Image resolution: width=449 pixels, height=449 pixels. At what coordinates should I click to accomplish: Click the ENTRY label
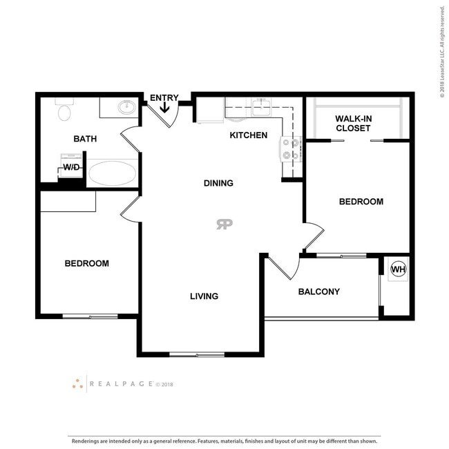click(x=164, y=98)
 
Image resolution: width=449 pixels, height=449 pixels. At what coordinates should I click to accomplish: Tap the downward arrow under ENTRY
click(x=165, y=108)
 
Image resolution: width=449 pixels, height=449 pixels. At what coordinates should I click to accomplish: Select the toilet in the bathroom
click(x=64, y=111)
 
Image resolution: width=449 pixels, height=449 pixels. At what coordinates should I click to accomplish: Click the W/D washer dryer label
click(x=71, y=168)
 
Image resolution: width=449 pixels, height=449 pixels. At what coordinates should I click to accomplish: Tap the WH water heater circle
click(x=399, y=269)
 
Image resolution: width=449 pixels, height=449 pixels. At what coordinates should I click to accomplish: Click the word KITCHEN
click(x=248, y=135)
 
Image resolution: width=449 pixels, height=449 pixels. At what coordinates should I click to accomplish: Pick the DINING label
click(x=218, y=183)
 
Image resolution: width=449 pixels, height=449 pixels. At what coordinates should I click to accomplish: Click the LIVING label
click(x=204, y=296)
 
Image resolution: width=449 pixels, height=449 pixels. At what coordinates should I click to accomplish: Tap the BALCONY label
click(x=318, y=292)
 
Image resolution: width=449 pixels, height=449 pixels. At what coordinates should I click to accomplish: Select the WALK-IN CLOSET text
click(x=353, y=123)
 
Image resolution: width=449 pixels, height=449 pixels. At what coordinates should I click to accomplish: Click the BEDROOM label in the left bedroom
click(x=86, y=263)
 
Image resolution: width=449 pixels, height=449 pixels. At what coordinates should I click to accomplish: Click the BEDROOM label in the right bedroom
click(x=361, y=202)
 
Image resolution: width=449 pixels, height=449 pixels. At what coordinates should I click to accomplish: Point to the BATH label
click(x=85, y=139)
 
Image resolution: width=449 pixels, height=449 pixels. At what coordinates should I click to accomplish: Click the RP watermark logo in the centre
click(x=224, y=224)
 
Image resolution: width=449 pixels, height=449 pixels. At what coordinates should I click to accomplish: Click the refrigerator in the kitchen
click(x=210, y=111)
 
